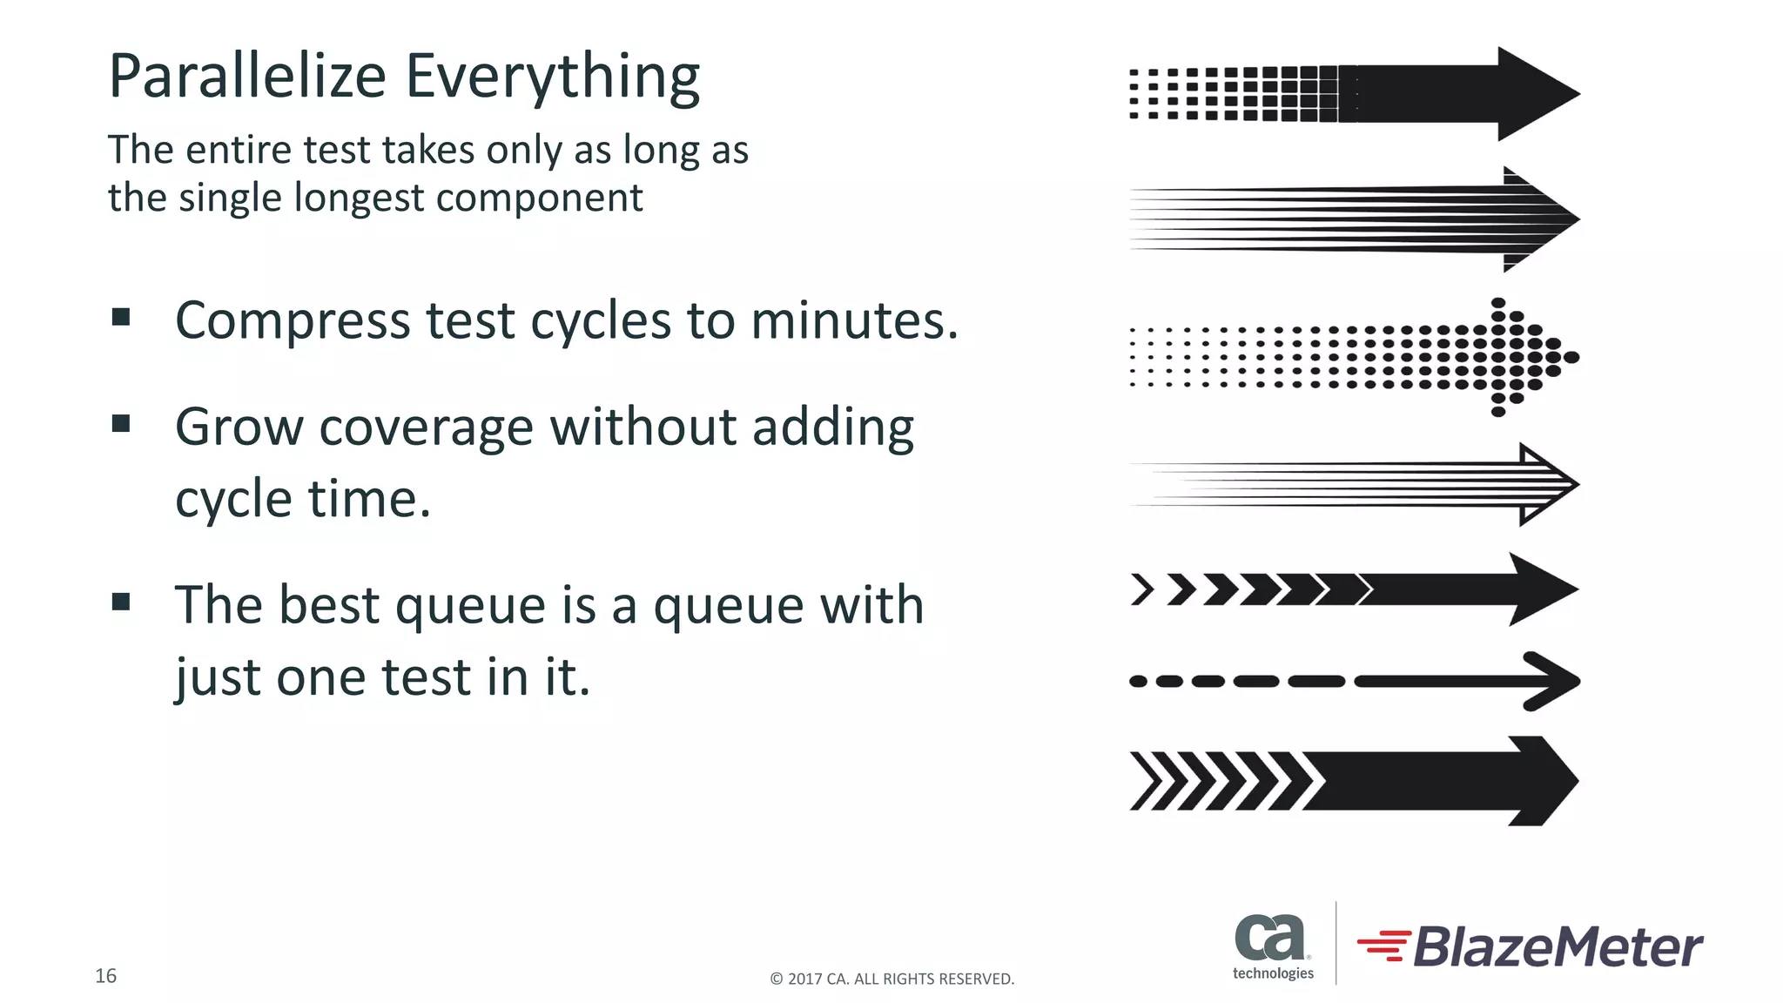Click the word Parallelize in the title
(247, 77)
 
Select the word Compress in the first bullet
(293, 321)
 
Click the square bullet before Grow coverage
(121, 424)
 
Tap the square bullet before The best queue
(121, 602)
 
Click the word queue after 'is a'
(729, 607)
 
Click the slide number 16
(105, 976)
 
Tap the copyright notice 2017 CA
(891, 979)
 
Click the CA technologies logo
(1272, 946)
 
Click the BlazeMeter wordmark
(1557, 947)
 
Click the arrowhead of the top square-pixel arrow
(1534, 94)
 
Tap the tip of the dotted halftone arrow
(1570, 357)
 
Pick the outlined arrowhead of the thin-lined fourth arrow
(1545, 484)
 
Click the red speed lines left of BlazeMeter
(1384, 946)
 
